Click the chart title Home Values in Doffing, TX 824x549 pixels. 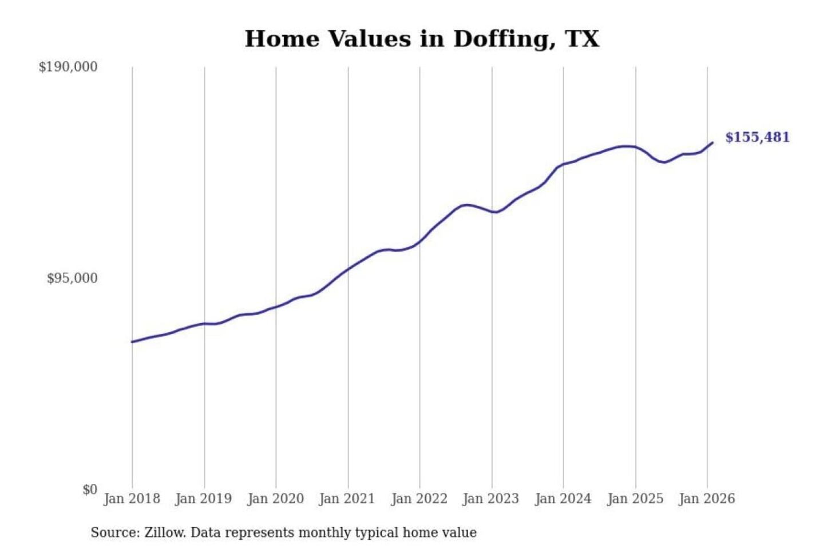[422, 39]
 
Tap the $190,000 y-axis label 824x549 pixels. [68, 67]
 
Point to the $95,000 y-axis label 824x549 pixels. [72, 279]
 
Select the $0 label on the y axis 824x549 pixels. [90, 490]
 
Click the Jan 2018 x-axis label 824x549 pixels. [132, 499]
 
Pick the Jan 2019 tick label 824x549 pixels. [204, 499]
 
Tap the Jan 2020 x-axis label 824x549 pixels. [275, 499]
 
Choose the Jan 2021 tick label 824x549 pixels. [347, 499]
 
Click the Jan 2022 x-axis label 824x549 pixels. [419, 499]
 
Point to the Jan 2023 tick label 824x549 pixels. [490, 499]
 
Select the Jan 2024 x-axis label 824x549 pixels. [562, 499]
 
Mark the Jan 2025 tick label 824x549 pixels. [635, 499]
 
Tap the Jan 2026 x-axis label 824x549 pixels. [706, 499]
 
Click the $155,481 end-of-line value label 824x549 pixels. [757, 137]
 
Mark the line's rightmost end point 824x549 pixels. [712, 142]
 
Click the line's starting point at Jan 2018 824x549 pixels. [132, 342]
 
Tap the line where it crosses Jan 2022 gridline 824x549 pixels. [419, 241]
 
